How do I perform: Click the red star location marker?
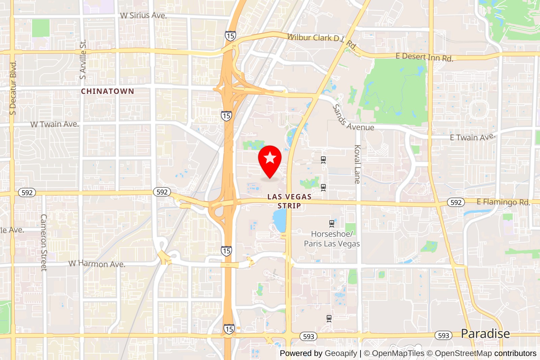270,159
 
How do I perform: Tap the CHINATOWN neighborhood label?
107,91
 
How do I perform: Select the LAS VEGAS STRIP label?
289,201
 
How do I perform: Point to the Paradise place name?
485,334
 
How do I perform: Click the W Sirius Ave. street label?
143,15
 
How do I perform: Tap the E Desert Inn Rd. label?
424,57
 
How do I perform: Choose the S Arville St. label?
83,60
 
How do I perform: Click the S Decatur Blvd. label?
13,88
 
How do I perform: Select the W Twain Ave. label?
55,124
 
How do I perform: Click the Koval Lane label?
357,164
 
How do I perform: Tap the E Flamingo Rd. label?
503,202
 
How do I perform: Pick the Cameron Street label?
44,242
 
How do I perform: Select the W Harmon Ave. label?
97,264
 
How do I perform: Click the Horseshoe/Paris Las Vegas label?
332,239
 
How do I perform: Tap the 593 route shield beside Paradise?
443,335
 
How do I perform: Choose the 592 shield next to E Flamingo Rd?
456,202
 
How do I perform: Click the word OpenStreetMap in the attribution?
463,353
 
